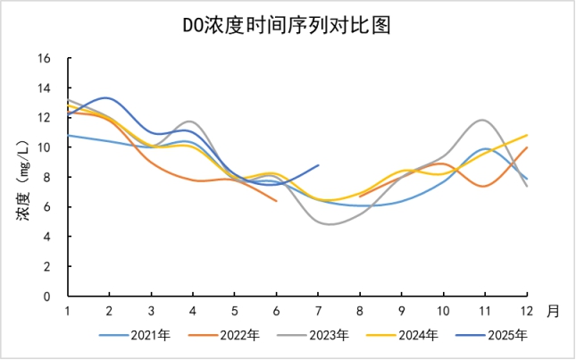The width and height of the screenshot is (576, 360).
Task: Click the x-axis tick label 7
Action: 318,311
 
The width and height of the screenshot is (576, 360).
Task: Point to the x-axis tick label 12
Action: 527,311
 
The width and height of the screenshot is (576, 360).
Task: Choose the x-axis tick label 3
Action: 151,311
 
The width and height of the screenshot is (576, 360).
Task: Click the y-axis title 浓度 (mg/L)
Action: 24,177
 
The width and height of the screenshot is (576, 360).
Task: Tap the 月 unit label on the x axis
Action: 554,311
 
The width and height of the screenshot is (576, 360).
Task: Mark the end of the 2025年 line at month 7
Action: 318,165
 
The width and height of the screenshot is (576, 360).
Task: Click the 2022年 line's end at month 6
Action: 276,201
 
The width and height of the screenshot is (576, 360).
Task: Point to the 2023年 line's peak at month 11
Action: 484,120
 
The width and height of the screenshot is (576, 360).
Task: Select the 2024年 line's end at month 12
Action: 527,135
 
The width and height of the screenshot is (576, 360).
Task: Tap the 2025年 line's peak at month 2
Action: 107,97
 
